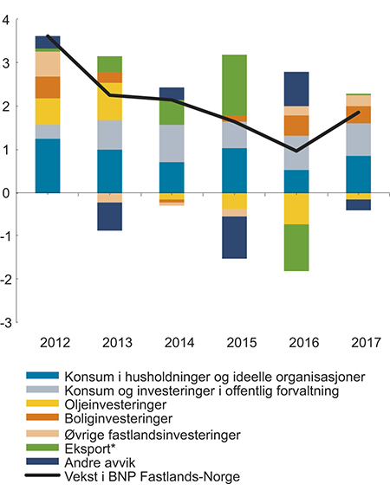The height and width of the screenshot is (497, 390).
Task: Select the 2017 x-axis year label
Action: [357, 341]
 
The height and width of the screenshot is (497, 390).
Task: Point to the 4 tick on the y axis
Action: [9, 21]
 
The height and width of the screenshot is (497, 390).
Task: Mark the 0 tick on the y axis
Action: [9, 193]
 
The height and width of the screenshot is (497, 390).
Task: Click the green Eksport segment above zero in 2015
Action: [234, 85]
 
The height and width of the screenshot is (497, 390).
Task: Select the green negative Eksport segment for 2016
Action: [296, 248]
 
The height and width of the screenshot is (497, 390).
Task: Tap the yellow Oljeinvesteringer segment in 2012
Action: [48, 112]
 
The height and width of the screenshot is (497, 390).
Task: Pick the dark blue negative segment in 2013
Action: [109, 216]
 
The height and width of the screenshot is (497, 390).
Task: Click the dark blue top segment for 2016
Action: [296, 89]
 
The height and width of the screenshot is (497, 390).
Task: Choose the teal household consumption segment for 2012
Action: [48, 165]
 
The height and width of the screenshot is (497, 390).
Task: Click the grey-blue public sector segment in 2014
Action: [172, 144]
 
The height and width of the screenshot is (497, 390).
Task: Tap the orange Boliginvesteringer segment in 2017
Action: [357, 114]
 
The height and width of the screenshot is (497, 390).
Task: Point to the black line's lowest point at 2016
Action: [296, 151]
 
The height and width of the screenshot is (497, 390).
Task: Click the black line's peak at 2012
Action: [48, 36]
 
